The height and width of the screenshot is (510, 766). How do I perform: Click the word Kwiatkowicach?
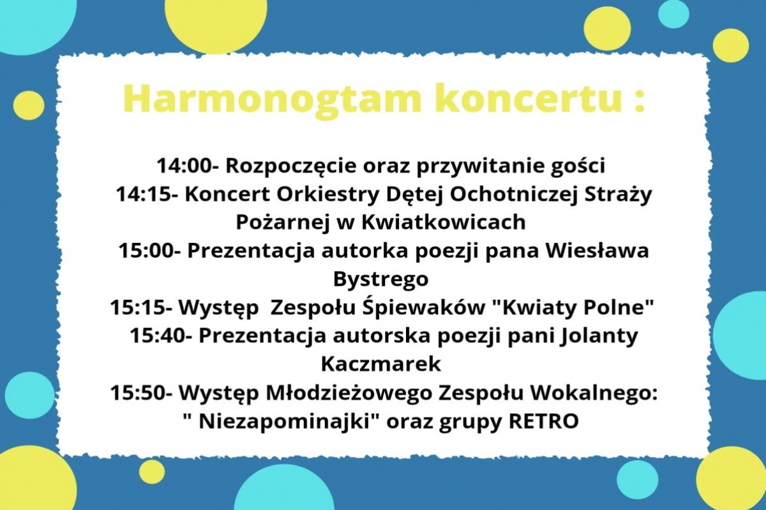(x=443, y=222)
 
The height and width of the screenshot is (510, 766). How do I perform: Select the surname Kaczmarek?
(x=381, y=364)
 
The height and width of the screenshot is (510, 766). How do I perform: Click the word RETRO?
(x=544, y=421)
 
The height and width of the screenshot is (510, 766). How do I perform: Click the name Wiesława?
(x=597, y=251)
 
